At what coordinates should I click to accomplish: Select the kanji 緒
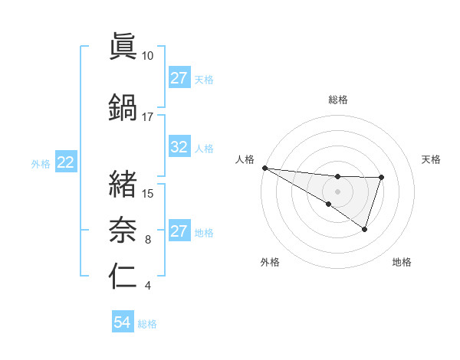(123, 183)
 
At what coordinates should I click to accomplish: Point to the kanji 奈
(123, 227)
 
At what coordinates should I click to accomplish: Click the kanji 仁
(123, 275)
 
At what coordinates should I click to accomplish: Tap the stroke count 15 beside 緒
(149, 193)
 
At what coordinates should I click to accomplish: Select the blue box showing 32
(179, 148)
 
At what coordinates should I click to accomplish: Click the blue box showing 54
(122, 323)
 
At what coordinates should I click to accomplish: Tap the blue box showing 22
(66, 162)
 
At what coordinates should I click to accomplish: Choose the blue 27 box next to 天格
(179, 78)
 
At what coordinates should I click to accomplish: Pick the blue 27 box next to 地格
(179, 232)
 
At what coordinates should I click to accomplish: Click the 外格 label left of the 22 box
(41, 163)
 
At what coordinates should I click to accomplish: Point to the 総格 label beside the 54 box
(147, 324)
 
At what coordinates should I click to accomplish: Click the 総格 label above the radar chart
(338, 100)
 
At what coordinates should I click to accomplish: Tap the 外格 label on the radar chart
(270, 263)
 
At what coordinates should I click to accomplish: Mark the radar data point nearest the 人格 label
(264, 167)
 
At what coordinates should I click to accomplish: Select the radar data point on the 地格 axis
(365, 229)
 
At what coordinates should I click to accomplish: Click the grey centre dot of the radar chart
(337, 191)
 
